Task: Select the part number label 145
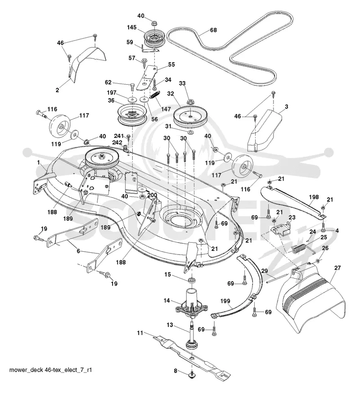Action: click(x=132, y=27)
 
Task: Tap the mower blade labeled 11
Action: click(x=191, y=356)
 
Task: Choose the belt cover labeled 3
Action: click(x=264, y=130)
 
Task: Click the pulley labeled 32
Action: click(x=191, y=116)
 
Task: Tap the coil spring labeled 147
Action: click(x=154, y=95)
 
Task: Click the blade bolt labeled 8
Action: click(x=192, y=373)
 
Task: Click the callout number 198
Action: click(x=314, y=197)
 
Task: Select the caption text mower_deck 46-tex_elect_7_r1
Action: click(x=50, y=370)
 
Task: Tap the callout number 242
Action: click(x=117, y=142)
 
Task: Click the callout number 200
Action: click(x=152, y=195)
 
